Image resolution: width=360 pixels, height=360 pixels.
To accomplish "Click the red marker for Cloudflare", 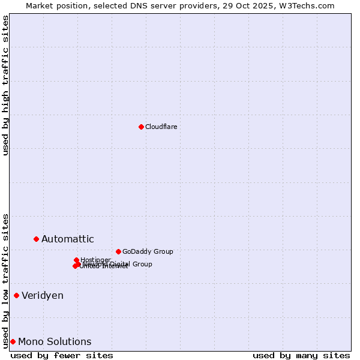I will pos(141,127).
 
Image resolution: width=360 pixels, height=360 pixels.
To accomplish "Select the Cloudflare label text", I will pos(161,127).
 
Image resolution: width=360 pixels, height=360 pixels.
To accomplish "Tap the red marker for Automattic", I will pos(36,239).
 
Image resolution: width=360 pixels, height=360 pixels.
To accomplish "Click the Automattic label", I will pos(67,239).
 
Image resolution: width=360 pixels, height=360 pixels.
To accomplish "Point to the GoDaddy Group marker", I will pos(118,251).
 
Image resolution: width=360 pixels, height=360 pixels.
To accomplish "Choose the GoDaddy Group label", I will pos(147,252).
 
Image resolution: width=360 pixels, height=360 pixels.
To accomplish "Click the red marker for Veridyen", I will pos(16,295).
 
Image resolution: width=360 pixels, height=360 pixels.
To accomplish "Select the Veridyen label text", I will pos(42,296).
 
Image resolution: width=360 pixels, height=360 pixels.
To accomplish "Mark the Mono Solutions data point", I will pos(13,341).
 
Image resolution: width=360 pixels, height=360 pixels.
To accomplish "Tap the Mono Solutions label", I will pos(55,342).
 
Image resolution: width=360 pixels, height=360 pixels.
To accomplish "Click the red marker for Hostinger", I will pos(76,260).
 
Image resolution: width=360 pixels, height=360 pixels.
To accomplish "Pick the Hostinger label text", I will pos(95,260).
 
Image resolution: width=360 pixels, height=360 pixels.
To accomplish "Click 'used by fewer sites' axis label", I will pos(62,355).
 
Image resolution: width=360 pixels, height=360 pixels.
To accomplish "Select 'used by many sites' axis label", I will pos(301,355).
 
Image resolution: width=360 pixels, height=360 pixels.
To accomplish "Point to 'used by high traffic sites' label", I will pos(6,85).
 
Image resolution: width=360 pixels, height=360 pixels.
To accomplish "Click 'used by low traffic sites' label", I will pos(6,280).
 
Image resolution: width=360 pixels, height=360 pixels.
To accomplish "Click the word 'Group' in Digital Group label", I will pos(142,264).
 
